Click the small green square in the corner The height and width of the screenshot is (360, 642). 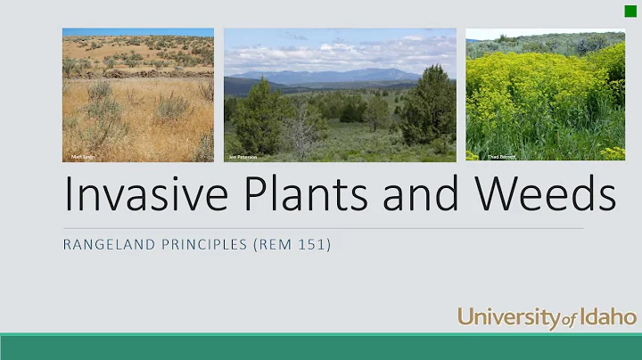coord(630,11)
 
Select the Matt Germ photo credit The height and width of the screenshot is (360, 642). coord(82,156)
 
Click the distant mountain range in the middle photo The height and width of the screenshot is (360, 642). coord(330,76)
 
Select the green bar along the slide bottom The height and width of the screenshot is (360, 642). coord(321,347)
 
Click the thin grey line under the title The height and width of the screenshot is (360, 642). coord(321,228)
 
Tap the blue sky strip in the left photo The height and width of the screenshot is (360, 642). coord(138,32)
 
